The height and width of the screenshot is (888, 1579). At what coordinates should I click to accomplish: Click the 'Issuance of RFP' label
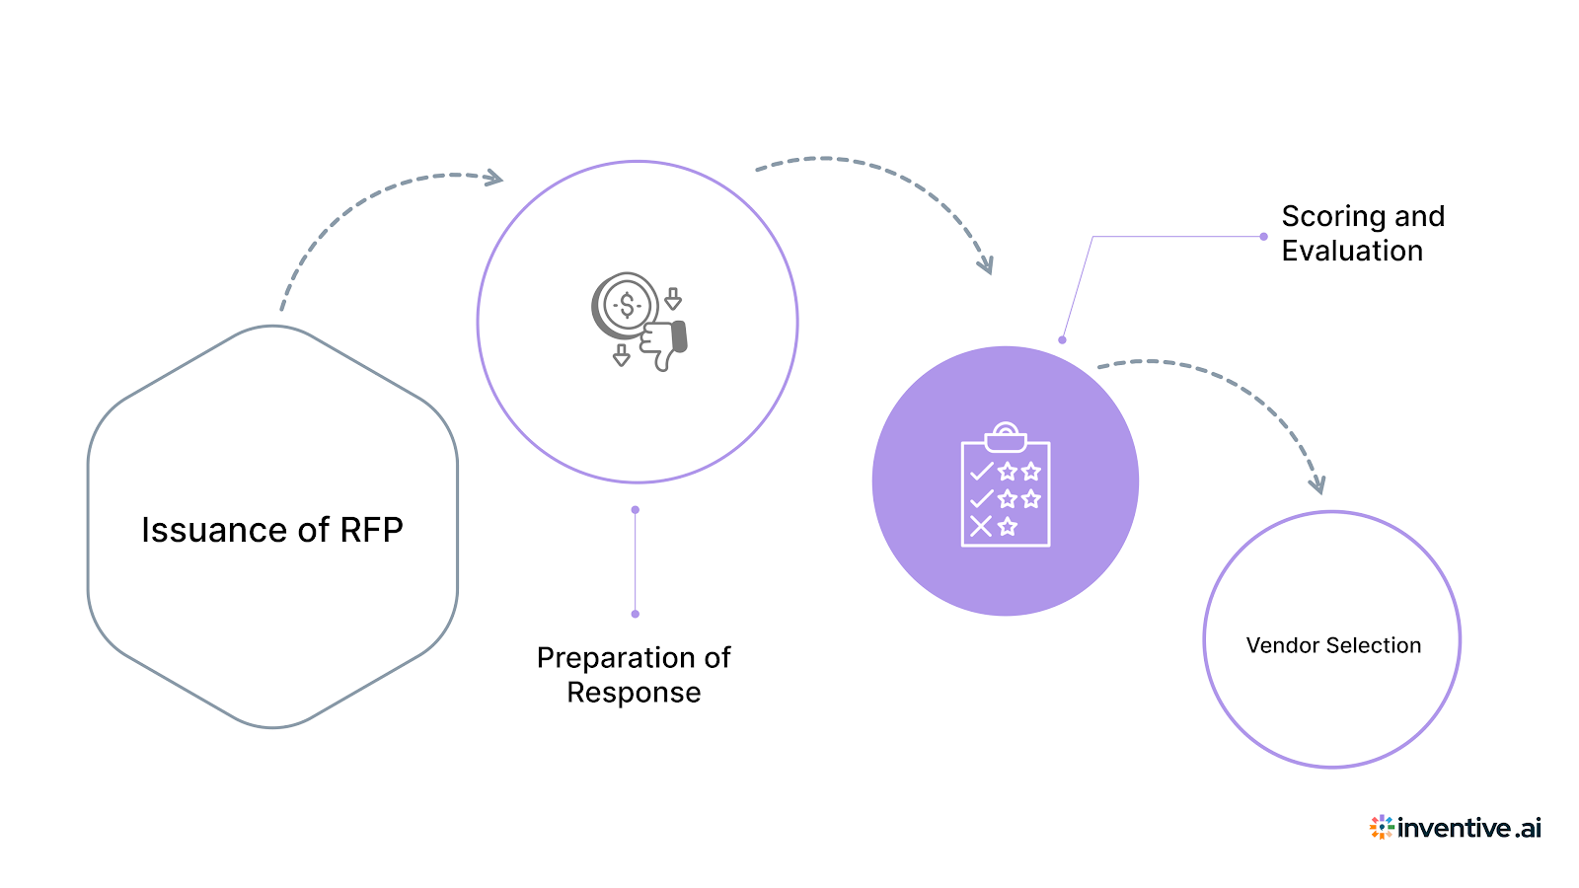click(271, 530)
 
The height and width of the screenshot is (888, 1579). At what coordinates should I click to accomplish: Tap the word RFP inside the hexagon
click(371, 530)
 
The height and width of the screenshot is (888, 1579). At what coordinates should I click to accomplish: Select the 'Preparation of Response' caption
click(634, 675)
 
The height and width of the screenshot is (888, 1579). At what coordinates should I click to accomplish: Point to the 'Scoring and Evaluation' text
click(1362, 233)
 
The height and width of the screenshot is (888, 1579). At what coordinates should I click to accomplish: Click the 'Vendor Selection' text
click(1333, 645)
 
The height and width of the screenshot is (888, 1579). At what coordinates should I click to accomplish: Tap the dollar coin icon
click(626, 306)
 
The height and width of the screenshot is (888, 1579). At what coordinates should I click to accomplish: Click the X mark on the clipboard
click(980, 526)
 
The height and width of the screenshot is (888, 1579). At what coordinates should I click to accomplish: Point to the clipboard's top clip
click(1006, 435)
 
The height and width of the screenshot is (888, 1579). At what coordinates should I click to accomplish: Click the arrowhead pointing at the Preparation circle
click(493, 179)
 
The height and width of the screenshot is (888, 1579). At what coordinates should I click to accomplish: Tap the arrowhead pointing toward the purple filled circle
click(985, 264)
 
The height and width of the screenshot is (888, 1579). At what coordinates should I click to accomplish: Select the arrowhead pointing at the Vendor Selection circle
click(1316, 484)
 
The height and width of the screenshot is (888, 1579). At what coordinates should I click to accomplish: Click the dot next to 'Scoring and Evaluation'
click(1263, 237)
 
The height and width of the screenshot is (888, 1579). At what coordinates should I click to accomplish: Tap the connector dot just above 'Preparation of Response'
click(635, 614)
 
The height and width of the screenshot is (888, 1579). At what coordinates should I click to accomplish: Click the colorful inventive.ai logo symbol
click(1381, 827)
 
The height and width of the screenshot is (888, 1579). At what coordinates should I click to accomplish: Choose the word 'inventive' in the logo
click(1454, 828)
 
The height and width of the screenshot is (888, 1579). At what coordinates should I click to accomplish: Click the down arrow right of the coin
click(673, 299)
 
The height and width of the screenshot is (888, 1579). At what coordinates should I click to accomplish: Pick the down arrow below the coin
click(621, 355)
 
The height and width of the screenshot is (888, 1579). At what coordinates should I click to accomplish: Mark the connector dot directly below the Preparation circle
click(635, 510)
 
